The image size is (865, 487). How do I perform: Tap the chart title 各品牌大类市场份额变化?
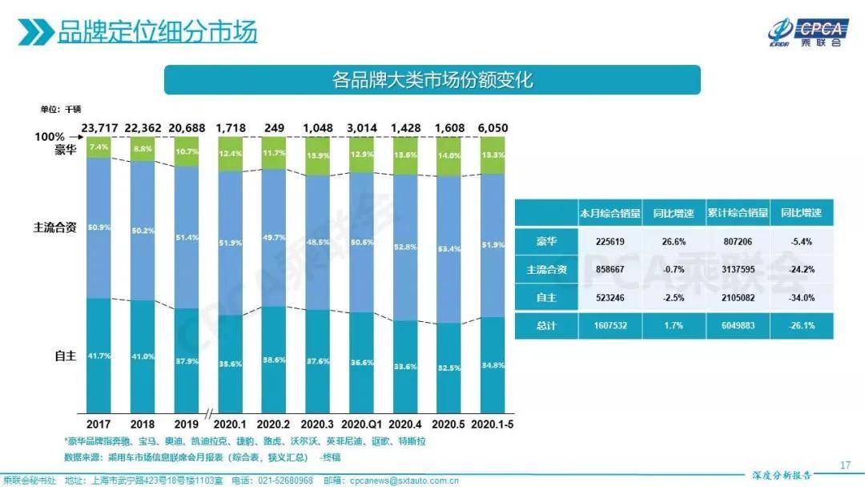point(432,80)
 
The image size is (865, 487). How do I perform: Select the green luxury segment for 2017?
point(99,147)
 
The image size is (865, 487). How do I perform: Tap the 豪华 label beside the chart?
point(66,150)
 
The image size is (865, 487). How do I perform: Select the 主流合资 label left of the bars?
point(54,227)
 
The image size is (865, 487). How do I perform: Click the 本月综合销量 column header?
point(610,213)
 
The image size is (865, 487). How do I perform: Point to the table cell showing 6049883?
point(737,325)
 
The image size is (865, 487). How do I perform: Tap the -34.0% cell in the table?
point(802,297)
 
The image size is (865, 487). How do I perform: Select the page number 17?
point(844,465)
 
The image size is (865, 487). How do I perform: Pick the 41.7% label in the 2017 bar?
point(99,355)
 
